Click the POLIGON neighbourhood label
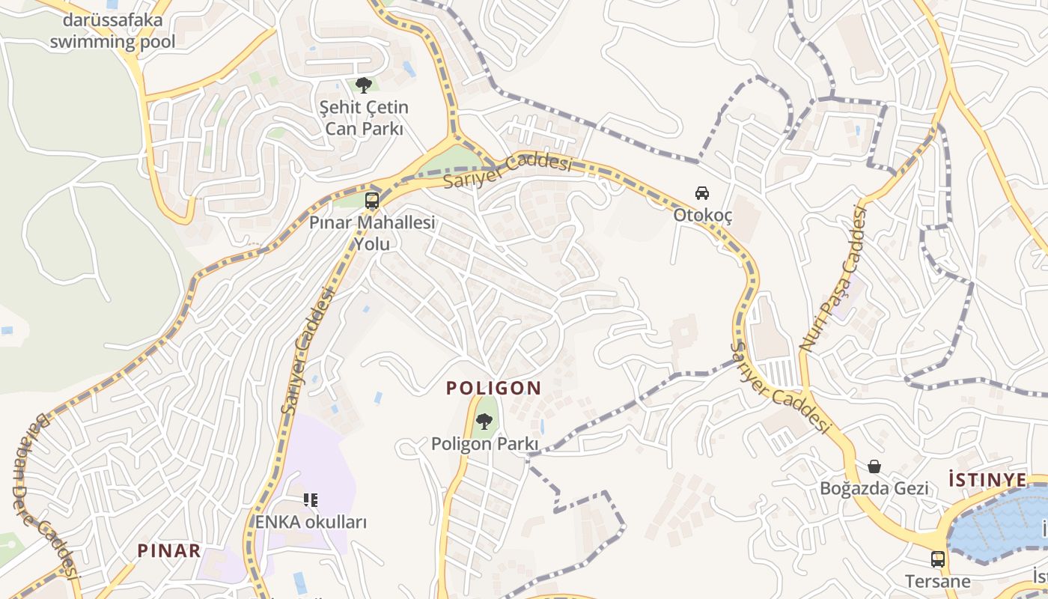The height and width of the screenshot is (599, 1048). (x=493, y=388)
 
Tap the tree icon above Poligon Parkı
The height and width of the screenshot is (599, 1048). (x=484, y=422)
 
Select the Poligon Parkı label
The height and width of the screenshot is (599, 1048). (x=484, y=444)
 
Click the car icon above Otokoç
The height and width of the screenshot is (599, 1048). (x=702, y=193)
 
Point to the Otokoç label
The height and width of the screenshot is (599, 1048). (x=702, y=215)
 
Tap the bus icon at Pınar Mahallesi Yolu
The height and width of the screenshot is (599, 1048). (x=372, y=201)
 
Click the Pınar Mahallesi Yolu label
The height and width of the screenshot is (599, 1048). (x=372, y=233)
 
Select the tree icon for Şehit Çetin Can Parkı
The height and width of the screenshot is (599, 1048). (x=364, y=85)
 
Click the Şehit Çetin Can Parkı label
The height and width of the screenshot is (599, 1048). (x=365, y=118)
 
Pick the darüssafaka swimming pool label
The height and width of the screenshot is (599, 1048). (x=112, y=31)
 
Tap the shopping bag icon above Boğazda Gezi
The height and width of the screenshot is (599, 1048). (x=874, y=466)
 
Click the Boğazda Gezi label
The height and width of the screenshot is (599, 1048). (x=874, y=488)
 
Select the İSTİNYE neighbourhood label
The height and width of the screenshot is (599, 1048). (x=987, y=479)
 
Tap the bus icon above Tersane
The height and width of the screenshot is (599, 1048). (x=938, y=559)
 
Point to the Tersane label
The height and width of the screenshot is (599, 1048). (x=938, y=581)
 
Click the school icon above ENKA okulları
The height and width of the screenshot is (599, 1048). (x=311, y=499)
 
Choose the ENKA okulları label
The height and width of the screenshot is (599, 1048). (x=311, y=522)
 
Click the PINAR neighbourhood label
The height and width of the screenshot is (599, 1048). (x=169, y=551)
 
